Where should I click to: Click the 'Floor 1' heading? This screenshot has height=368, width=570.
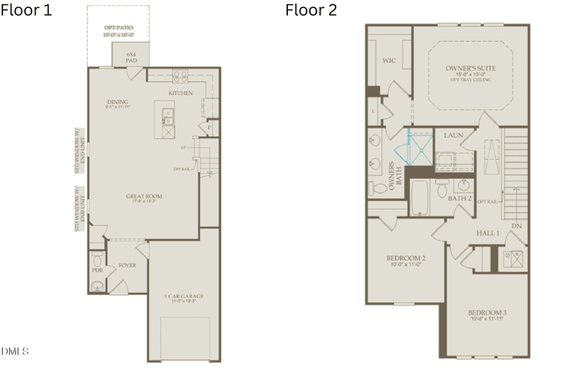pyautogui.click(x=26, y=10)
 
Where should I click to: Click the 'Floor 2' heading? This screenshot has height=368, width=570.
pyautogui.click(x=311, y=10)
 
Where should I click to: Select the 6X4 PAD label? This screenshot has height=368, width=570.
pyautogui.click(x=131, y=56)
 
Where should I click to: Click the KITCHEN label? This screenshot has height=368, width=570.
pyautogui.click(x=180, y=93)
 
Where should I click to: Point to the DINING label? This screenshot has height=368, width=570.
pyautogui.click(x=117, y=102)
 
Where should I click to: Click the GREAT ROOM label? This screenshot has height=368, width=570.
pyautogui.click(x=144, y=195)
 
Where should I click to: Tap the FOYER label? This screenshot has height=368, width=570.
pyautogui.click(x=128, y=265)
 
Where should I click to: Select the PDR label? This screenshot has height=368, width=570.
pyautogui.click(x=98, y=271)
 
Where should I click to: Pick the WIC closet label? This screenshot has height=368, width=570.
pyautogui.click(x=388, y=61)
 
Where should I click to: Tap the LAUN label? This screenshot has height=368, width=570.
pyautogui.click(x=454, y=135)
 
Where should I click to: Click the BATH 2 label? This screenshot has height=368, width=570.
pyautogui.click(x=460, y=198)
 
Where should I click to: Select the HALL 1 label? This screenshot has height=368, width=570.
pyautogui.click(x=488, y=233)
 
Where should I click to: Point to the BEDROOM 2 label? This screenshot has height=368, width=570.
pyautogui.click(x=405, y=257)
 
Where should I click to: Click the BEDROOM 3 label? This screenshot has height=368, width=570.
pyautogui.click(x=488, y=312)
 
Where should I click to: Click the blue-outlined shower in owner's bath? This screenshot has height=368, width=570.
pyautogui.click(x=420, y=146)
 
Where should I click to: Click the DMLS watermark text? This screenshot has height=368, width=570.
pyautogui.click(x=15, y=351)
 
